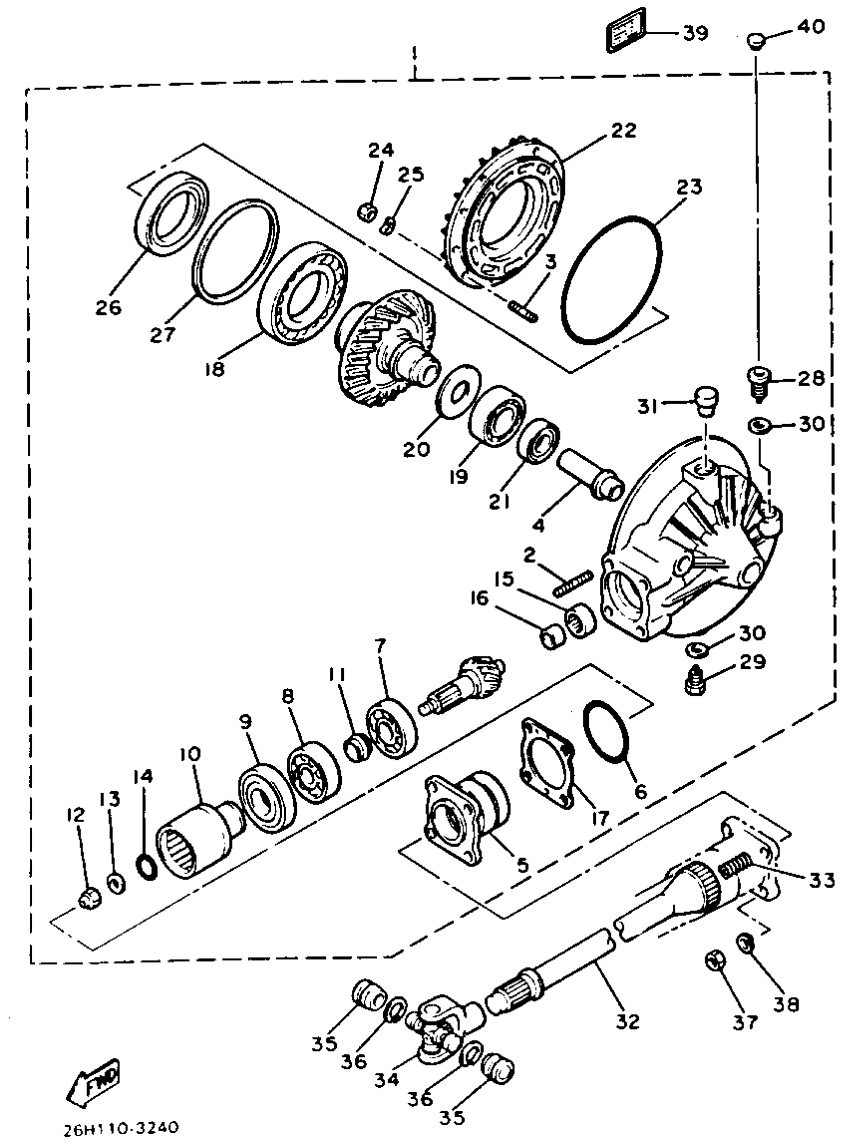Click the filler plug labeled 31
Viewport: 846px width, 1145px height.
click(706, 402)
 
